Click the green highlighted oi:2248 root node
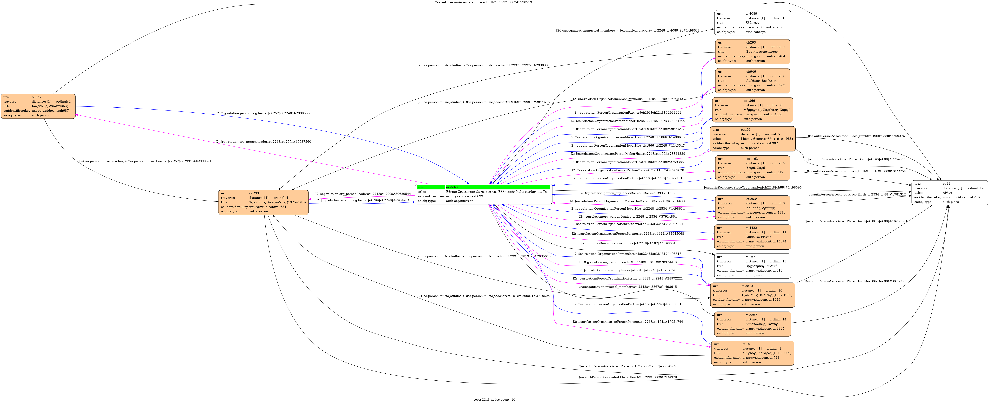[483, 194]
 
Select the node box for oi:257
[38, 106]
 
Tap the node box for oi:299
[263, 202]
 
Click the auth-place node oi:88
[949, 193]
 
